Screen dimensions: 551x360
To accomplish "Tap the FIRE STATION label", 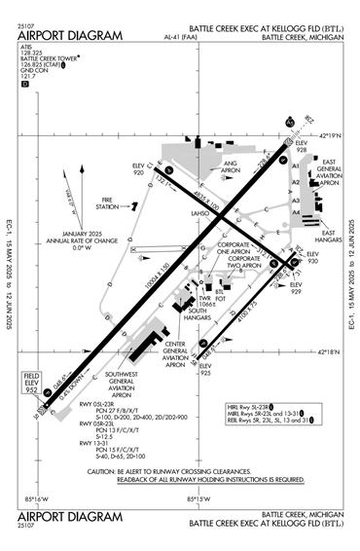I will coord(99,206).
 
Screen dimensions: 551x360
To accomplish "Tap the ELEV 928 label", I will coord(303,148).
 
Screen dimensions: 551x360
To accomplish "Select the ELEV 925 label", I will coord(202,371).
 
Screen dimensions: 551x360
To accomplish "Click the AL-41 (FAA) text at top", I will coord(181,36).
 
